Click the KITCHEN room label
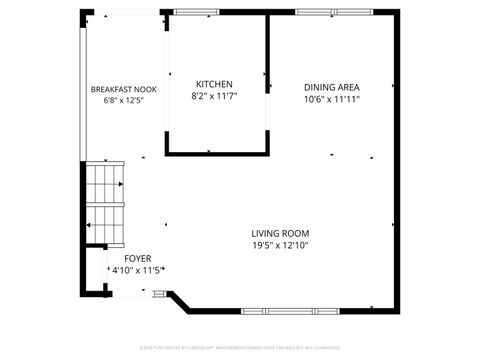(x=214, y=84)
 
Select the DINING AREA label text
(x=332, y=87)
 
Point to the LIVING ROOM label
(x=280, y=232)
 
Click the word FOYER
(x=124, y=258)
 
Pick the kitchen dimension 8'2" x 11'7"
(x=214, y=96)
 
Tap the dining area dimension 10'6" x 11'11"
(x=332, y=99)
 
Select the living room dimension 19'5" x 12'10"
(x=280, y=244)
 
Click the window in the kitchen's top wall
(x=196, y=12)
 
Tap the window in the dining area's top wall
(x=324, y=12)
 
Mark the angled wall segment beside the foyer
(x=179, y=301)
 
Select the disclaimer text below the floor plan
(x=240, y=347)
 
